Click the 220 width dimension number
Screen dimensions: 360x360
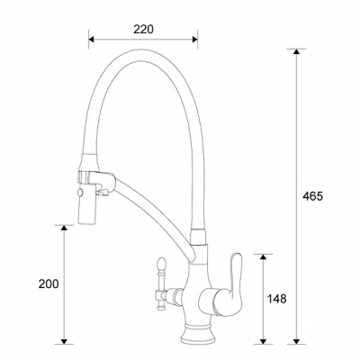143,28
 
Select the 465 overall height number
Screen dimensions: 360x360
313,195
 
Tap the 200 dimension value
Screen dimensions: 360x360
50,283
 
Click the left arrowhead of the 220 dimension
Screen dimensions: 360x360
91,39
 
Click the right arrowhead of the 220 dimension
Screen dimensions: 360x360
195,39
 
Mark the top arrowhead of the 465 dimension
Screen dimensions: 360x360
296,52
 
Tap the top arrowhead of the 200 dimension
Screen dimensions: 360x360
64,228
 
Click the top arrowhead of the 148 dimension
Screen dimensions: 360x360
263,256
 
